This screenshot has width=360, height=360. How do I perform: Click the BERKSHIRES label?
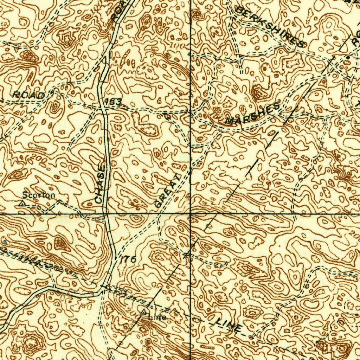269,26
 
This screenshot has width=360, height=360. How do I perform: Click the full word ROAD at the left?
29,95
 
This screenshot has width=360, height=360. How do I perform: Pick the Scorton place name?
39,195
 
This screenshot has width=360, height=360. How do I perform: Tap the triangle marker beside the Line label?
143,312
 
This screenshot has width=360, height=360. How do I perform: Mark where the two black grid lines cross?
191,213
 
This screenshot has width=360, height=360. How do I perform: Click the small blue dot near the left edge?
5,242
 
